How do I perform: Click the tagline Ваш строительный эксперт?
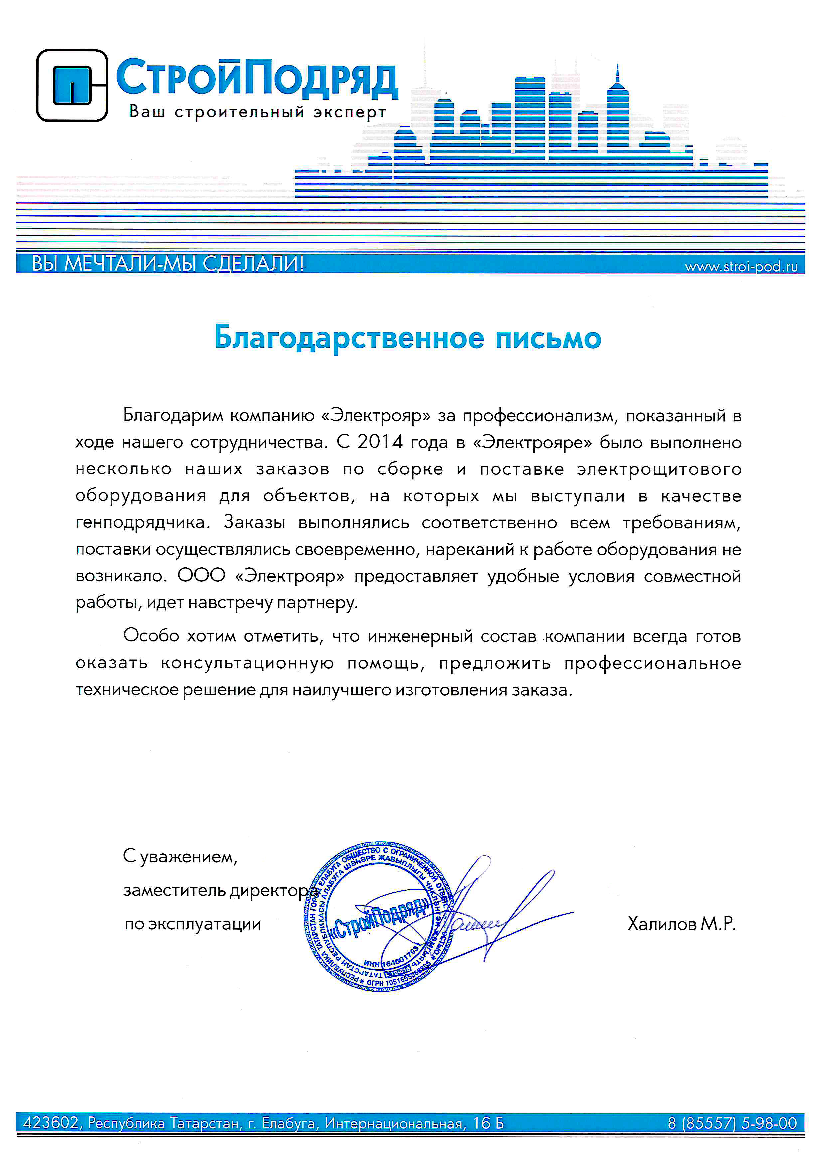pyautogui.click(x=257, y=111)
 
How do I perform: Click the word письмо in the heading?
pyautogui.click(x=548, y=338)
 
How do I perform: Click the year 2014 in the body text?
pyautogui.click(x=380, y=442)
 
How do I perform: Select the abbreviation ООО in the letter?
pyautogui.click(x=201, y=576)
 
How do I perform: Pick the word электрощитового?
pyautogui.click(x=659, y=469)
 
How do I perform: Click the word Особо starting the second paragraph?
pyautogui.click(x=151, y=635)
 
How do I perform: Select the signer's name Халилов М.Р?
pyautogui.click(x=681, y=923)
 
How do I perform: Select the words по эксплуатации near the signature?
pyautogui.click(x=193, y=924)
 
